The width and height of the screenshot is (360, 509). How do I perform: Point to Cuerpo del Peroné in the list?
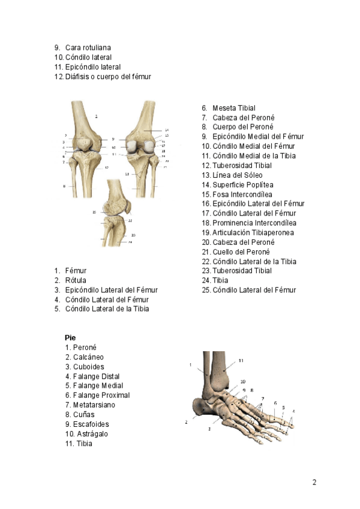point(243,127)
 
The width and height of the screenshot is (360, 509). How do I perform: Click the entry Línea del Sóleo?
point(237,175)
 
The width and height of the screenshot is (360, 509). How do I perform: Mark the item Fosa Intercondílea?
point(242,194)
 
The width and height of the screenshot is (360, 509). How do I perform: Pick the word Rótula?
point(76,280)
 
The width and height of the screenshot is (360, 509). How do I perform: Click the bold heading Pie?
point(70,338)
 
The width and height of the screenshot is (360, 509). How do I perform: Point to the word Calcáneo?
point(88,357)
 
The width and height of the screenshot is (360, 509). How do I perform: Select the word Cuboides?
point(88,367)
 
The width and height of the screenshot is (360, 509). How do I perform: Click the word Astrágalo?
point(92,434)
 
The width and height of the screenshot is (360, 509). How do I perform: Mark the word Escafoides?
point(91,424)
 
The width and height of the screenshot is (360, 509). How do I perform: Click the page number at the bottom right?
point(314,482)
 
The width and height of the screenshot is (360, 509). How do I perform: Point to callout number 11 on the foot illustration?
point(241,361)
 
